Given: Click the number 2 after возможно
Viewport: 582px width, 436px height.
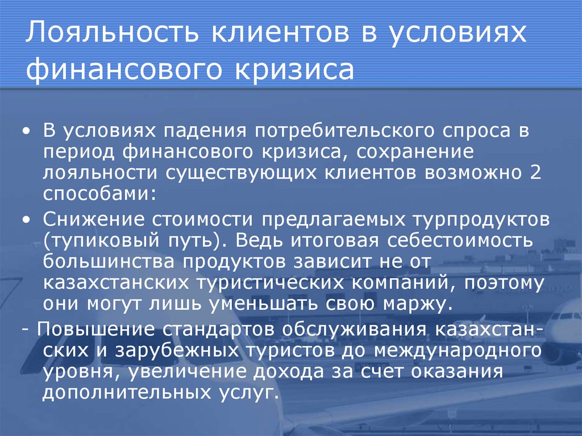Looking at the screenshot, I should point(534,172).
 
